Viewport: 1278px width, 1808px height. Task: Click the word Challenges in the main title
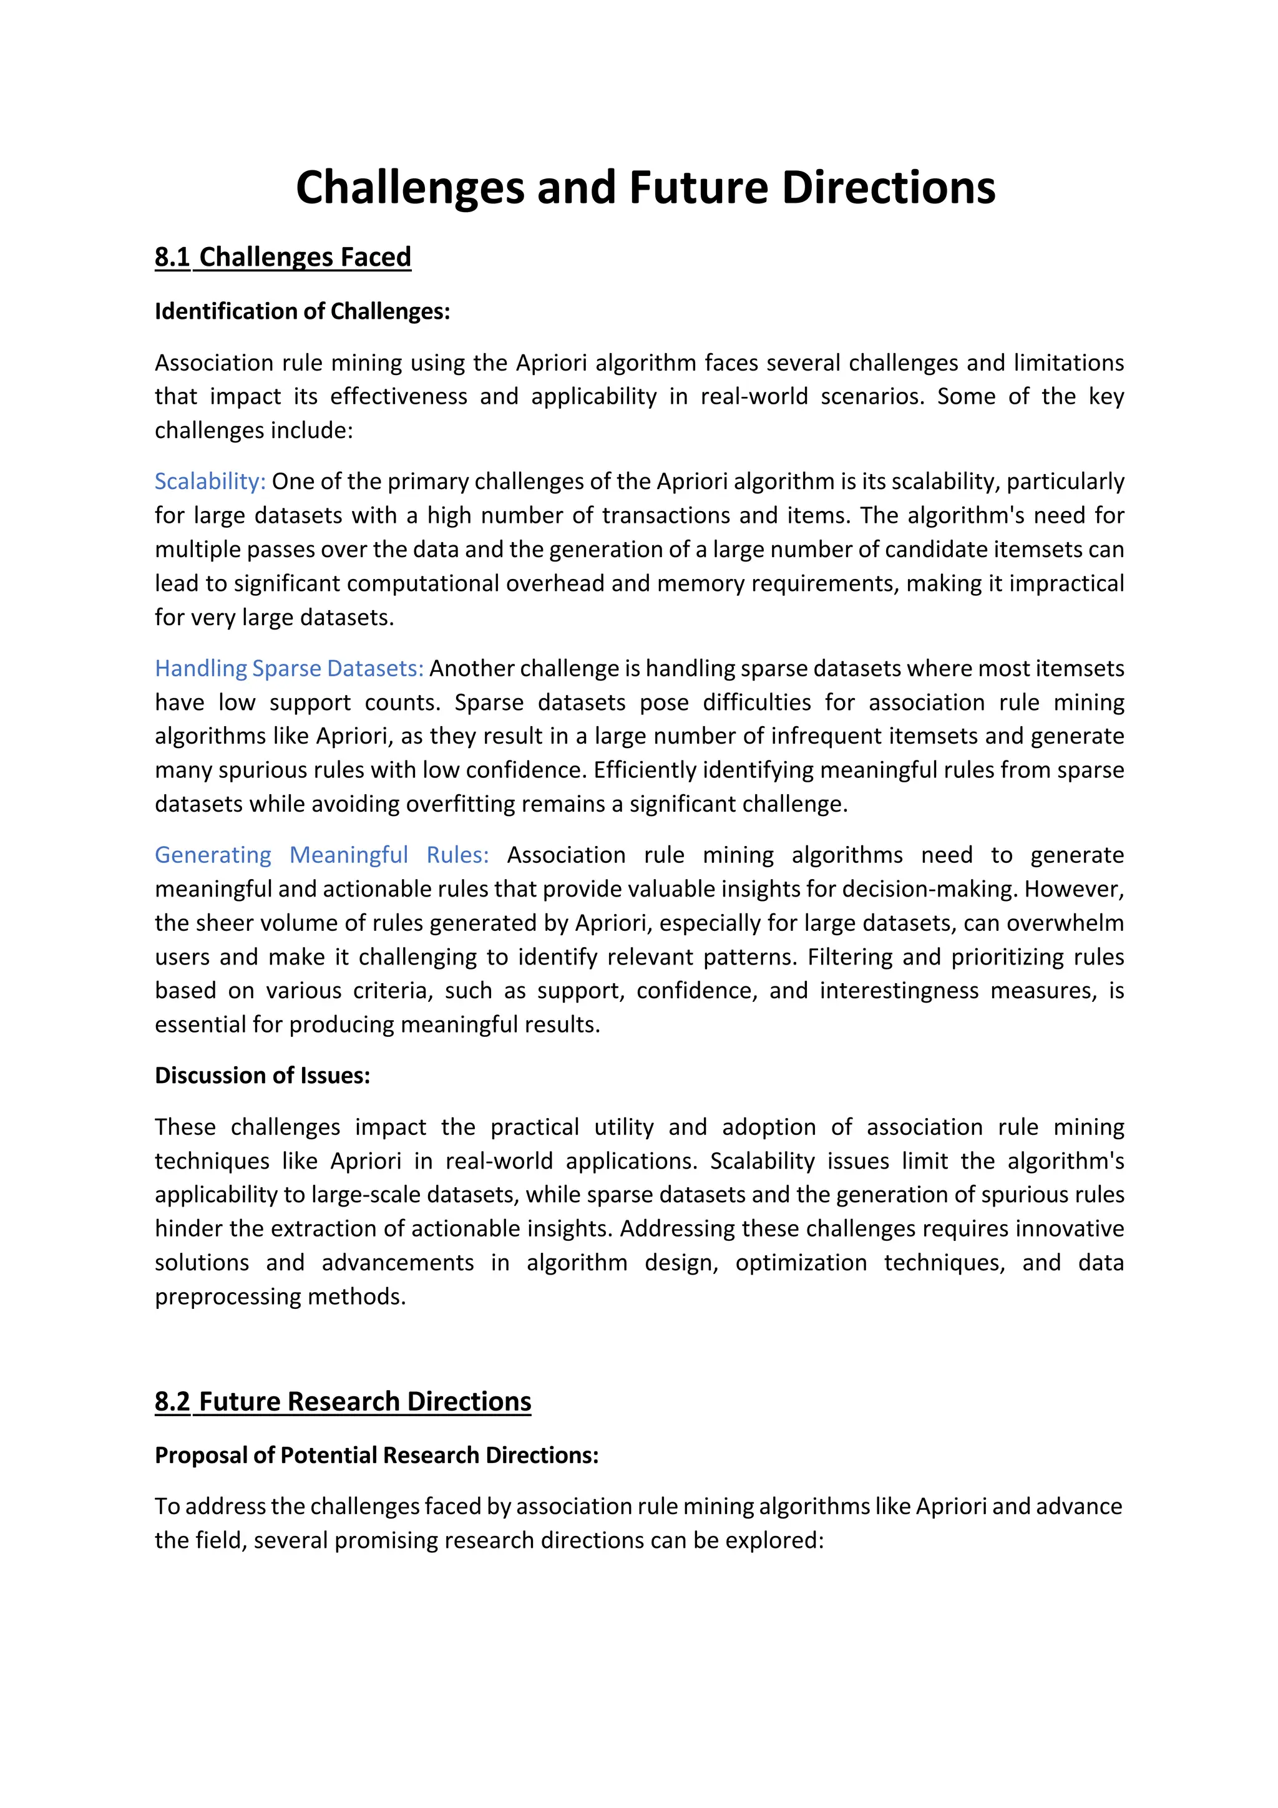[409, 189]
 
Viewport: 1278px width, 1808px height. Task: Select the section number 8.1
[172, 258]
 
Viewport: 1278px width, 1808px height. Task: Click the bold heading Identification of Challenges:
[303, 312]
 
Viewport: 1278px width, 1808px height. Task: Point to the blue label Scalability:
[210, 481]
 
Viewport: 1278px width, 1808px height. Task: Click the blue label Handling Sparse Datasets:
[289, 669]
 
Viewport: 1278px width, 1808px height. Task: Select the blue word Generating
[213, 855]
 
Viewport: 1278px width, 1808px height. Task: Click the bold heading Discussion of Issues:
[262, 1076]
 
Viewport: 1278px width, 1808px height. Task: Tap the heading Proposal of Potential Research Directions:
[376, 1456]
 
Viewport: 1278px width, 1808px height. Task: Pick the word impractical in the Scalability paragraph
[1066, 583]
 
